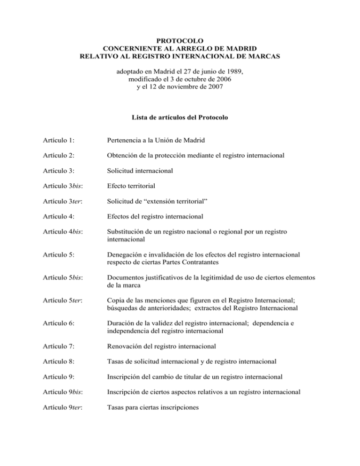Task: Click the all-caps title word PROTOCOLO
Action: pos(180,41)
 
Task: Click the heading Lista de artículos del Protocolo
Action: pos(180,118)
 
